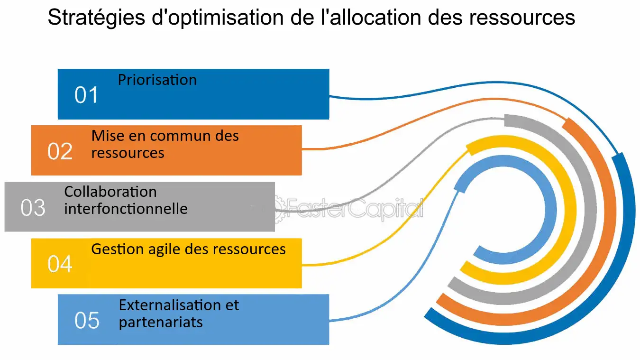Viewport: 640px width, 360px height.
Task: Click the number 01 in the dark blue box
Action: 86,95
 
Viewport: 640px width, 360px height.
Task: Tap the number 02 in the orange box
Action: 60,151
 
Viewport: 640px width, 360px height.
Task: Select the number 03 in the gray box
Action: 33,208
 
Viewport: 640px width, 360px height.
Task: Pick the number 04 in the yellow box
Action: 60,264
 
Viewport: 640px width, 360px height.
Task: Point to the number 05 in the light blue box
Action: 87,320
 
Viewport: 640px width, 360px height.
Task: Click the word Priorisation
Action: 157,80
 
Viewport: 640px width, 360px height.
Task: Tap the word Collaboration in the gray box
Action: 110,192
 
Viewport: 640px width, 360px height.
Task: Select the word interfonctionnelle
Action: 126,209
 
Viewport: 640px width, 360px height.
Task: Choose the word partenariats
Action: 161,322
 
